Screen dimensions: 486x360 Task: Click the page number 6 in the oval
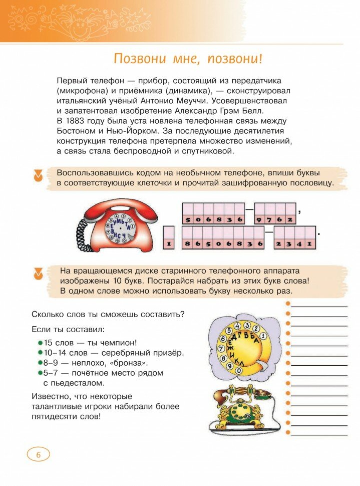(x=38, y=455)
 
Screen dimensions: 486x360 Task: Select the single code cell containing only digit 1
(x=169, y=244)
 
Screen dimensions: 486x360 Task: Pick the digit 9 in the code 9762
(x=259, y=220)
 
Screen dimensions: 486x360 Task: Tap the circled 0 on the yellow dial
(x=239, y=370)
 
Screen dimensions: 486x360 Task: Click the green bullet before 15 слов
(x=40, y=343)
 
